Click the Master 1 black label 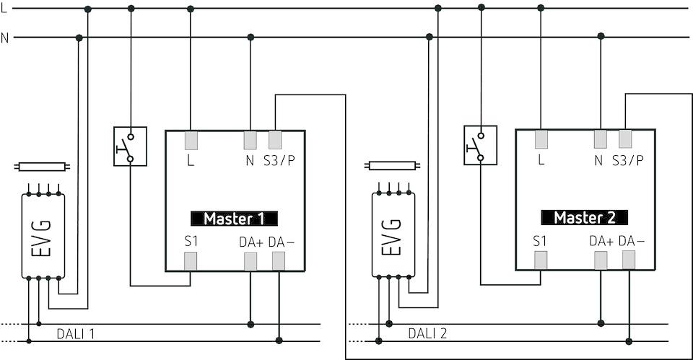[x=234, y=219]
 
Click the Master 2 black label [x=585, y=217]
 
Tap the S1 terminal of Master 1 [x=191, y=261]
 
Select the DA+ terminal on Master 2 [x=601, y=260]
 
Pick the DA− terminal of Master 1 [x=279, y=261]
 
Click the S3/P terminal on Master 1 [x=275, y=139]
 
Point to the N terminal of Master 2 [x=600, y=139]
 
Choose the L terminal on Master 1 [x=191, y=139]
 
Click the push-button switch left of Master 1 [x=130, y=146]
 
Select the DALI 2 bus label [x=427, y=333]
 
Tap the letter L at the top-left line [x=4, y=7]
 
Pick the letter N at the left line [x=5, y=37]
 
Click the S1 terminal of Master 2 [x=541, y=260]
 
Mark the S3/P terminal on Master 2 [x=625, y=139]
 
